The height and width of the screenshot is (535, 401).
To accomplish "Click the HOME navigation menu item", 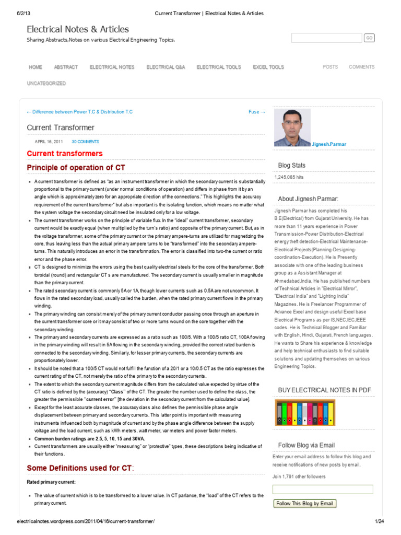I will tap(36, 67).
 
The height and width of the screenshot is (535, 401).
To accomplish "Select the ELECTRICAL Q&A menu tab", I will tap(166, 67).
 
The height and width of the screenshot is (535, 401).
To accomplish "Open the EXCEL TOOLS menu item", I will tap(268, 67).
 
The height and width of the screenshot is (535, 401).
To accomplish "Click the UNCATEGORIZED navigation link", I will tap(46, 83).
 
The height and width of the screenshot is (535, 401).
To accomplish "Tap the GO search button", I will tap(369, 38).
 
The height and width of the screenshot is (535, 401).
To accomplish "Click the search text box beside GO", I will tap(326, 38).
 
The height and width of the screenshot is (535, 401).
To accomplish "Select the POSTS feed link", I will tap(330, 67).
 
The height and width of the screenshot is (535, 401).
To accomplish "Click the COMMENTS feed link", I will tap(361, 67).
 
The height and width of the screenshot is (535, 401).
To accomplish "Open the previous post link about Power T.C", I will tap(79, 112).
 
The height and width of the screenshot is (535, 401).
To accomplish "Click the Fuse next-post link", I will tap(256, 112).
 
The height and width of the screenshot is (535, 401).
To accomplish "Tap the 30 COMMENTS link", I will tap(85, 142).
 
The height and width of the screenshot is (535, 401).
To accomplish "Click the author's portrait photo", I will tap(292, 127).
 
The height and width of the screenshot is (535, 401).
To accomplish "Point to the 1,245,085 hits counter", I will tap(289, 178).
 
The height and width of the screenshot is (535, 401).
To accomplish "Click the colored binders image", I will tap(305, 413).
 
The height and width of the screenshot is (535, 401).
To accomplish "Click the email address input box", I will tap(323, 490).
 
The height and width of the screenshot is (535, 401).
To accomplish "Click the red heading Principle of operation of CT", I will tap(76, 168).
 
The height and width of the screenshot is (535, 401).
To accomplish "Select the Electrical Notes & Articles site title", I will tap(78, 29).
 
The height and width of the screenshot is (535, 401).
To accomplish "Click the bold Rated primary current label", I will tap(51, 481).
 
